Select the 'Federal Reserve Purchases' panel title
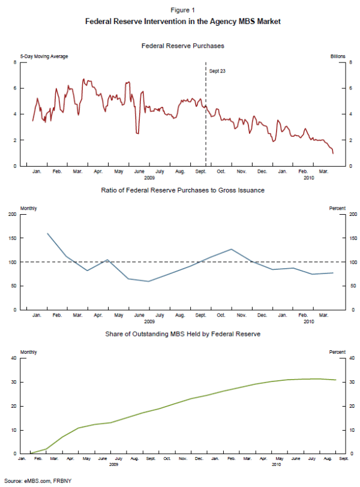click(183, 46)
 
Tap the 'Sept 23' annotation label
click(217, 71)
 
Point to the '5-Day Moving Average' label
click(44, 56)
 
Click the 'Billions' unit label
click(338, 56)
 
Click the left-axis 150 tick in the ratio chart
click(13, 238)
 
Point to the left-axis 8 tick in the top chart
click(14, 62)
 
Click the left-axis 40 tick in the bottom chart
click(14, 358)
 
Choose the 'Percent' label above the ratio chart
click(338, 208)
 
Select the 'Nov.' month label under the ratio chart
click(241, 315)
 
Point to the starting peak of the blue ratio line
click(47, 233)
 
